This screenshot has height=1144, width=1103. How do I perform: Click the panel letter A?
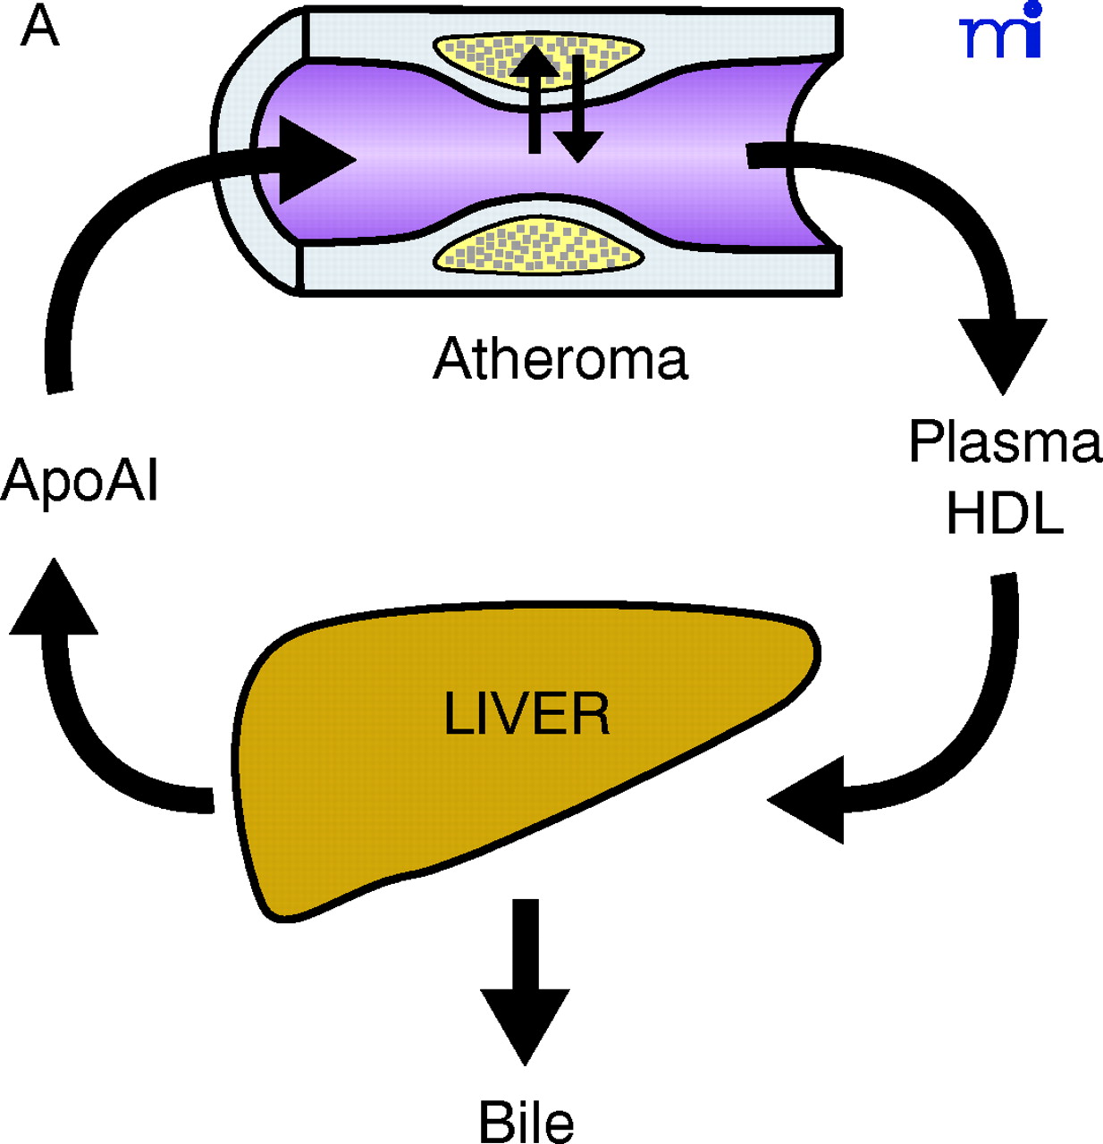tap(39, 27)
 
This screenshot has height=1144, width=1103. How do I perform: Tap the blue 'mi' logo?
tap(1001, 34)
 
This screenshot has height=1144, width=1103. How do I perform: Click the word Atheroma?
tap(560, 358)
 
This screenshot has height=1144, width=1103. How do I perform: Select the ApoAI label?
tap(80, 482)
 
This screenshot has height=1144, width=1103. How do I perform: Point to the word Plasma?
tap(1005, 442)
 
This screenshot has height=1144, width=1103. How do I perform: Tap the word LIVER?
tap(526, 715)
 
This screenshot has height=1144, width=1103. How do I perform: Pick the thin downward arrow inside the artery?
tap(578, 112)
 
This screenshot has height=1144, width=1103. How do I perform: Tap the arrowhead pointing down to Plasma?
tap(1002, 353)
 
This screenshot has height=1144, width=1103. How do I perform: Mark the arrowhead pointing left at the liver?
tap(809, 799)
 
